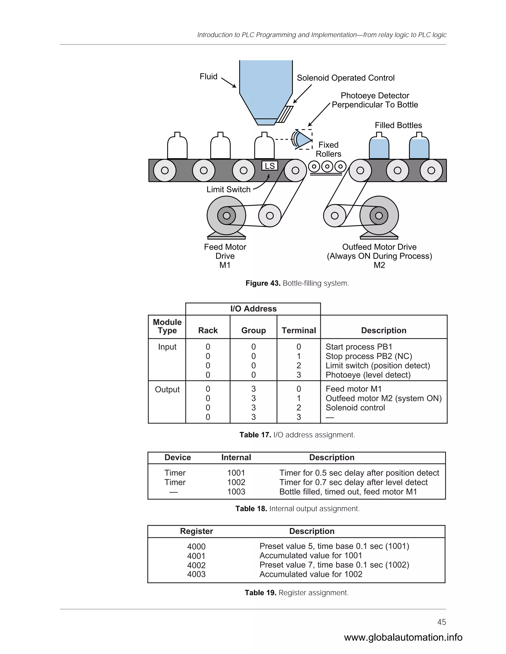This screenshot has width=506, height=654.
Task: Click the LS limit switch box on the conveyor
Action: (270, 166)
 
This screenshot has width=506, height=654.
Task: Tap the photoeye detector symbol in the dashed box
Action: (302, 139)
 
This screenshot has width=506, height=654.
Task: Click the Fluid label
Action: (208, 77)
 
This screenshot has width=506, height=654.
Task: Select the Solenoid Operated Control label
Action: (345, 78)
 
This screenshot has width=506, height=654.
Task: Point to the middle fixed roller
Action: (327, 167)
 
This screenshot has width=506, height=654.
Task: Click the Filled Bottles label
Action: (398, 125)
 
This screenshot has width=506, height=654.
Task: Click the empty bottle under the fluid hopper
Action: (264, 146)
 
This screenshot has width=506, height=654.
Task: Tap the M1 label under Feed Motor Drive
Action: (225, 265)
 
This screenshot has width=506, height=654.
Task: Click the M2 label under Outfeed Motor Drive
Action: (379, 265)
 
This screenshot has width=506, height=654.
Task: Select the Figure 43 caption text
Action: (297, 283)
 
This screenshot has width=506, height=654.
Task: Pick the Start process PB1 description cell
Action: (359, 347)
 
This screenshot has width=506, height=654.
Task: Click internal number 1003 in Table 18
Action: (236, 492)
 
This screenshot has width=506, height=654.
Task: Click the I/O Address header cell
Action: (253, 309)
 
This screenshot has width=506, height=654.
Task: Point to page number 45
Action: (442, 622)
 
